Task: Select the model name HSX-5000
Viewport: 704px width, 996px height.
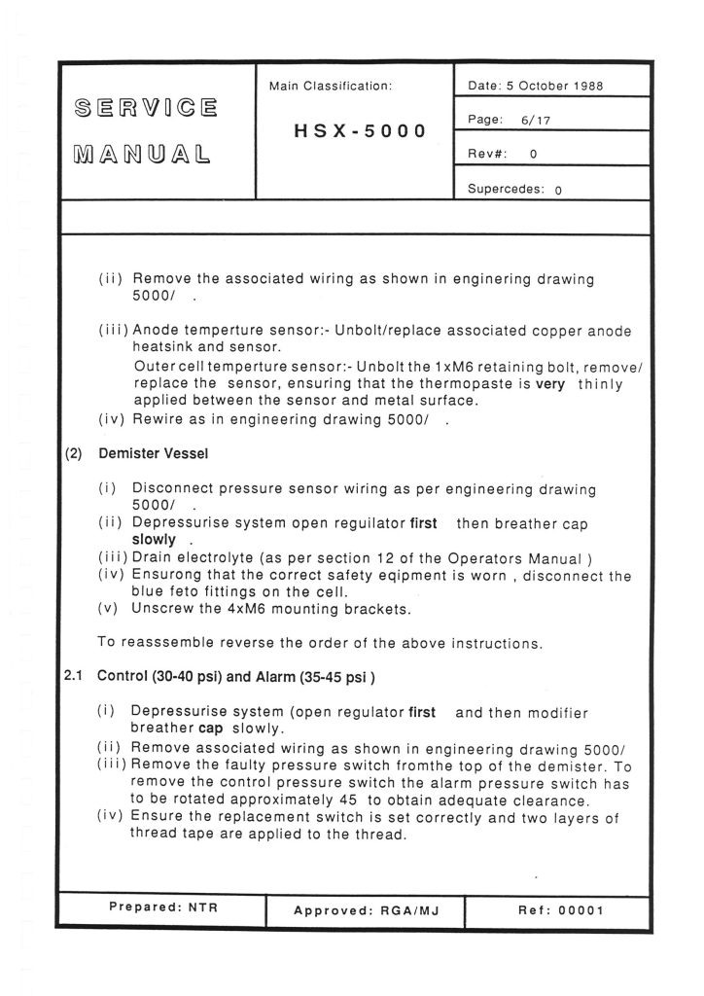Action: click(x=360, y=130)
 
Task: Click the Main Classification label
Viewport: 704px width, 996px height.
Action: click(x=331, y=86)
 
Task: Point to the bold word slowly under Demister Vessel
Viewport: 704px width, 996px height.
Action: click(x=154, y=538)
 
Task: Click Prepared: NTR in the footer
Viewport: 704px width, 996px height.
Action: click(x=162, y=907)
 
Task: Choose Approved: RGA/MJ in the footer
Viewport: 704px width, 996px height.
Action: click(x=366, y=910)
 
